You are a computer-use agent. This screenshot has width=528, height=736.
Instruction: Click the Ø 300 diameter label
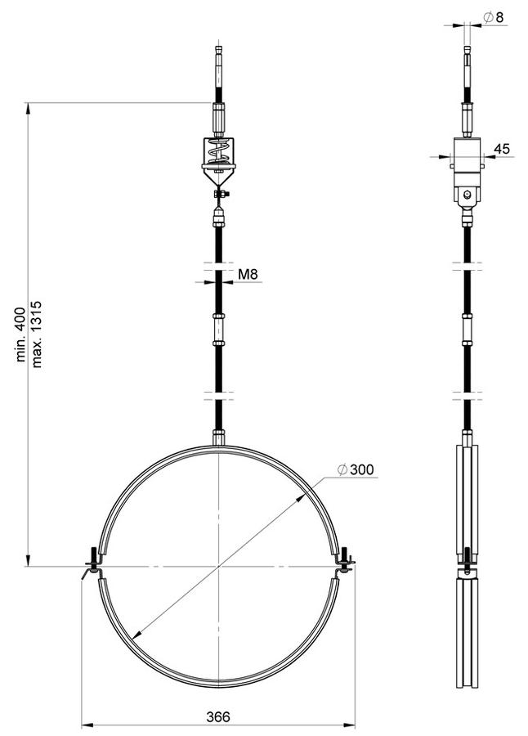pos(356,469)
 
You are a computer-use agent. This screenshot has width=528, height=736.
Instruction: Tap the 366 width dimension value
pos(218,716)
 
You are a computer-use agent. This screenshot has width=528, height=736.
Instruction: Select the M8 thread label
pos(248,274)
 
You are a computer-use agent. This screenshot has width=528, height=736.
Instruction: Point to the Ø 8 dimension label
pos(493,17)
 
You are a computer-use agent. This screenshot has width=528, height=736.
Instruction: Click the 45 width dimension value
pos(502,149)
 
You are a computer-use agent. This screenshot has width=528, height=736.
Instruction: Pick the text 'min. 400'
pos(20,334)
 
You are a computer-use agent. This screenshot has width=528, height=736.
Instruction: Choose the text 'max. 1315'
pos(37,334)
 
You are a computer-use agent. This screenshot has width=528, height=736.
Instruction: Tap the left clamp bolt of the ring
pos(93,563)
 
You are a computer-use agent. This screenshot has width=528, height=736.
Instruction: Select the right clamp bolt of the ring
pos(345,561)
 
